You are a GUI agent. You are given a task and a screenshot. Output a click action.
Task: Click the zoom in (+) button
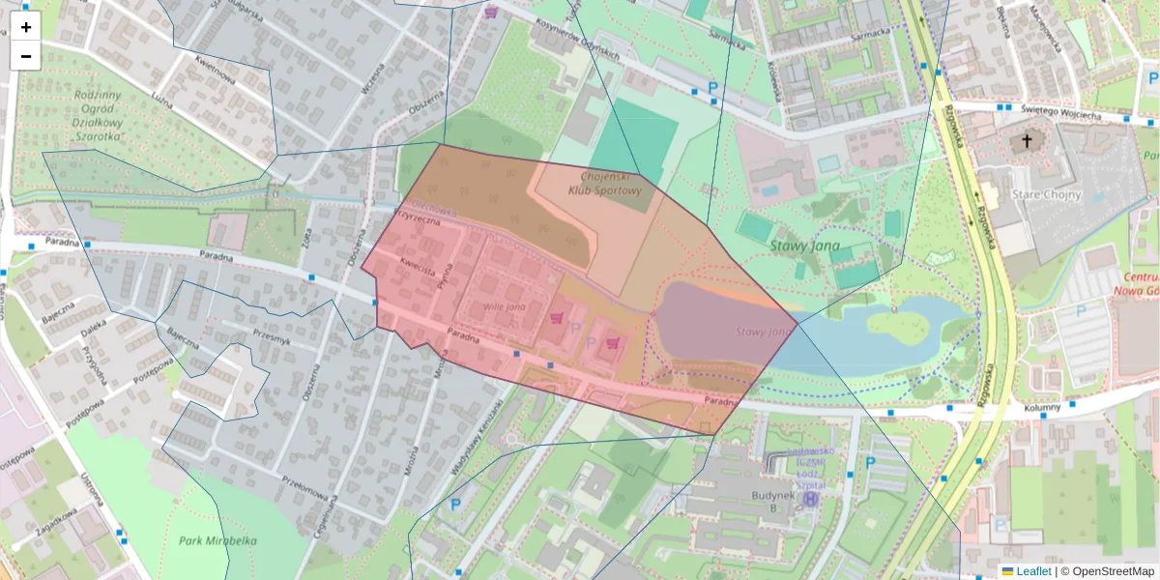(26, 27)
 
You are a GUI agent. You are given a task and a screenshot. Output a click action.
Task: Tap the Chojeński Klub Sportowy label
(605, 184)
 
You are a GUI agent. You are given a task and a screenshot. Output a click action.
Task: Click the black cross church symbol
(1027, 142)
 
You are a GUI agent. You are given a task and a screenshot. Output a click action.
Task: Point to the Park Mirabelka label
(217, 540)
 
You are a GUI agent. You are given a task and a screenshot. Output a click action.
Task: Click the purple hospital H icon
(811, 499)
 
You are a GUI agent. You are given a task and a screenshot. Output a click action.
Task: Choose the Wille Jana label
(504, 306)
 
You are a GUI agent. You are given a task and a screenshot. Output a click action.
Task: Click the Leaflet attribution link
(1033, 571)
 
